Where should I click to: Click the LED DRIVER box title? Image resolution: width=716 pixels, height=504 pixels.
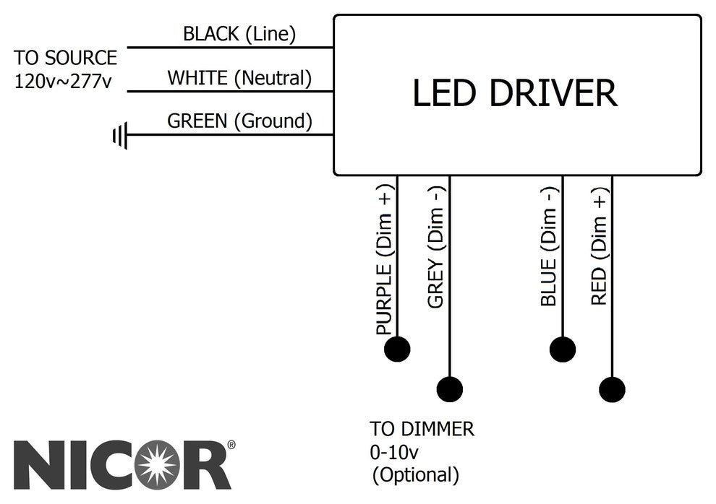[515, 93]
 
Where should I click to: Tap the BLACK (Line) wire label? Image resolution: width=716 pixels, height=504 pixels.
[239, 33]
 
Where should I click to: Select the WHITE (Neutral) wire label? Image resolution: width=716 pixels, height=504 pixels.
[239, 77]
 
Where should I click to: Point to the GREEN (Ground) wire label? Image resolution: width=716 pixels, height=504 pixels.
[239, 121]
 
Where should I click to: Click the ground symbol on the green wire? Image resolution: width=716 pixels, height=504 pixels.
[120, 135]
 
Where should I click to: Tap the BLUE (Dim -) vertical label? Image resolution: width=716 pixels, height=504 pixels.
[549, 246]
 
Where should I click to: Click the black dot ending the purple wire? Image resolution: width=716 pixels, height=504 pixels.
[397, 349]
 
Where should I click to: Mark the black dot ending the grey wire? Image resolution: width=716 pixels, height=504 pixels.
[450, 389]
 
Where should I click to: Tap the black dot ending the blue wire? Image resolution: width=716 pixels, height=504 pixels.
[563, 349]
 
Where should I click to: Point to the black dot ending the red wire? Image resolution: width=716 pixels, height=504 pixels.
[613, 389]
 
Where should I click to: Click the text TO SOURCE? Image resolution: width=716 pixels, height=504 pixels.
[65, 58]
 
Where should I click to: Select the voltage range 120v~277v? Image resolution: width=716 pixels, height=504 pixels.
[63, 80]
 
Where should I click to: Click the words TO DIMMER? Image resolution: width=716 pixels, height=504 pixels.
[422, 429]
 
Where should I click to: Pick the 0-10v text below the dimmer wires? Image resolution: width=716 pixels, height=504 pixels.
[394, 452]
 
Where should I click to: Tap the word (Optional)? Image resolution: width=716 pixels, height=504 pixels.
[415, 475]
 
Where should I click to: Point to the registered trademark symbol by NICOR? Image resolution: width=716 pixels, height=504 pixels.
[231, 446]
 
